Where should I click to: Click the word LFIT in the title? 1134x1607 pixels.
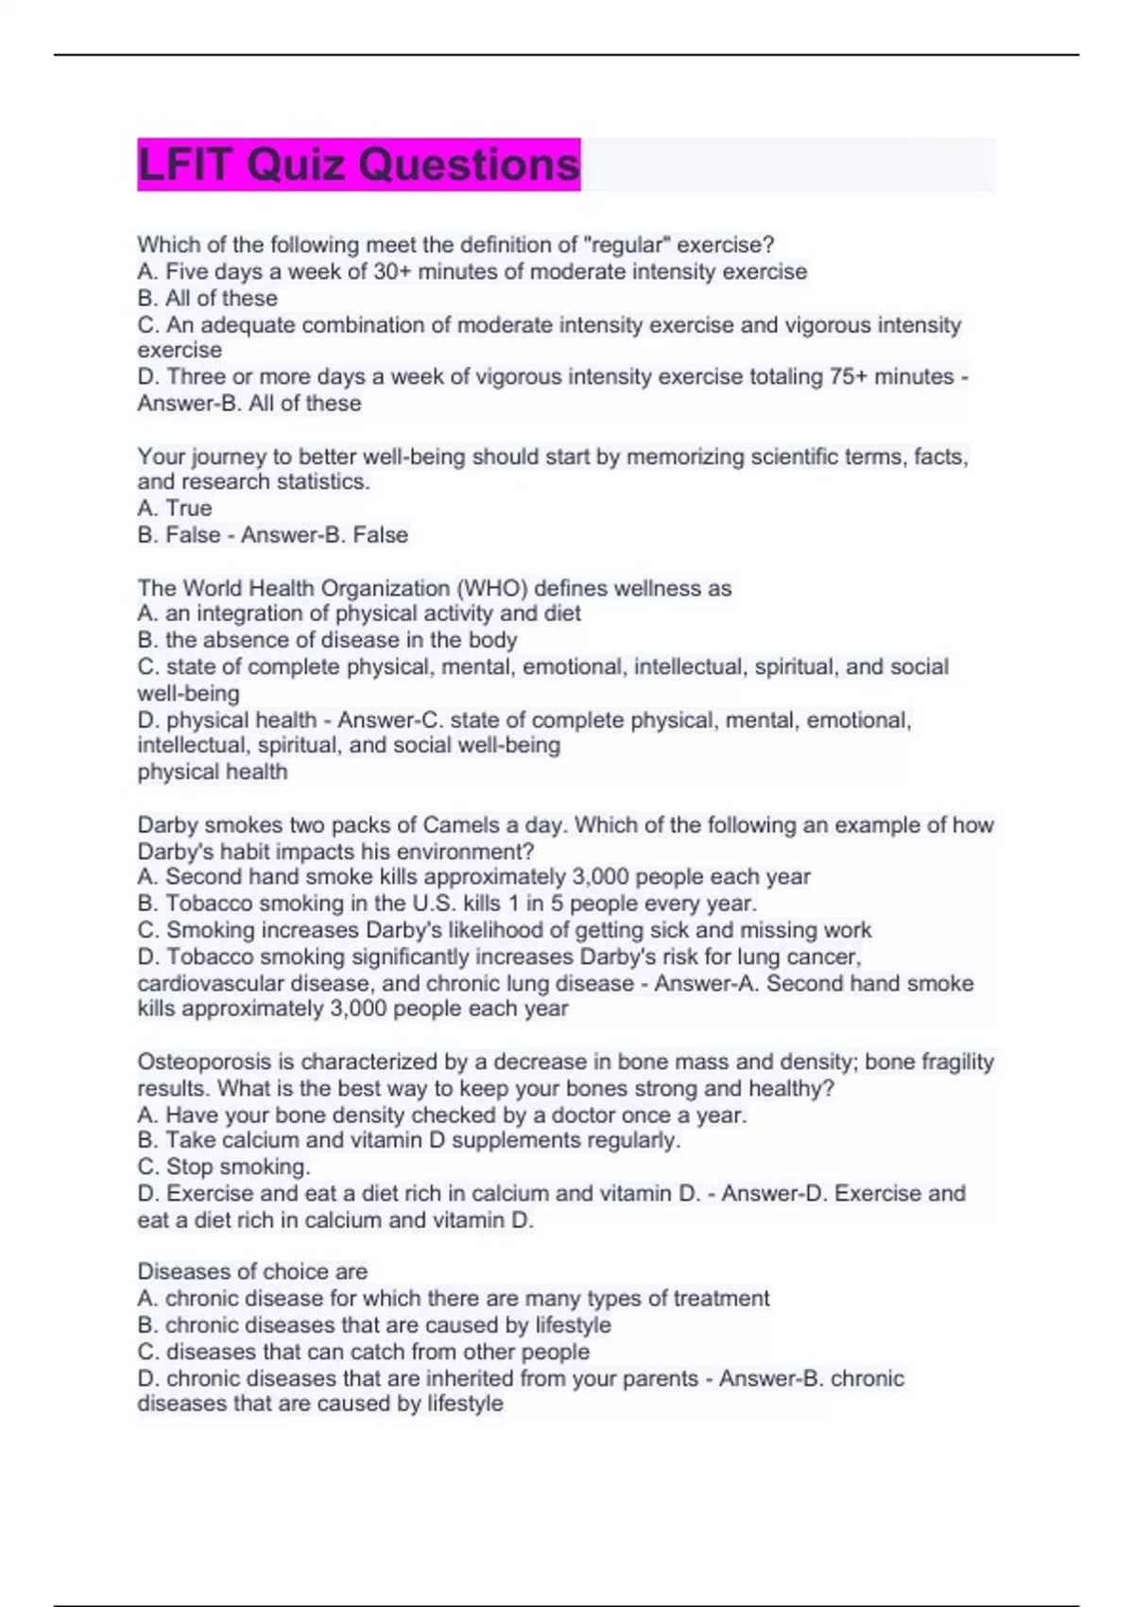184,165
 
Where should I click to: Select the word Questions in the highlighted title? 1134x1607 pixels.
470,165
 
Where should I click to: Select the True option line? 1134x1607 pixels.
175,509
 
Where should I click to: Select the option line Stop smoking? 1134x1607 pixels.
224,1167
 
